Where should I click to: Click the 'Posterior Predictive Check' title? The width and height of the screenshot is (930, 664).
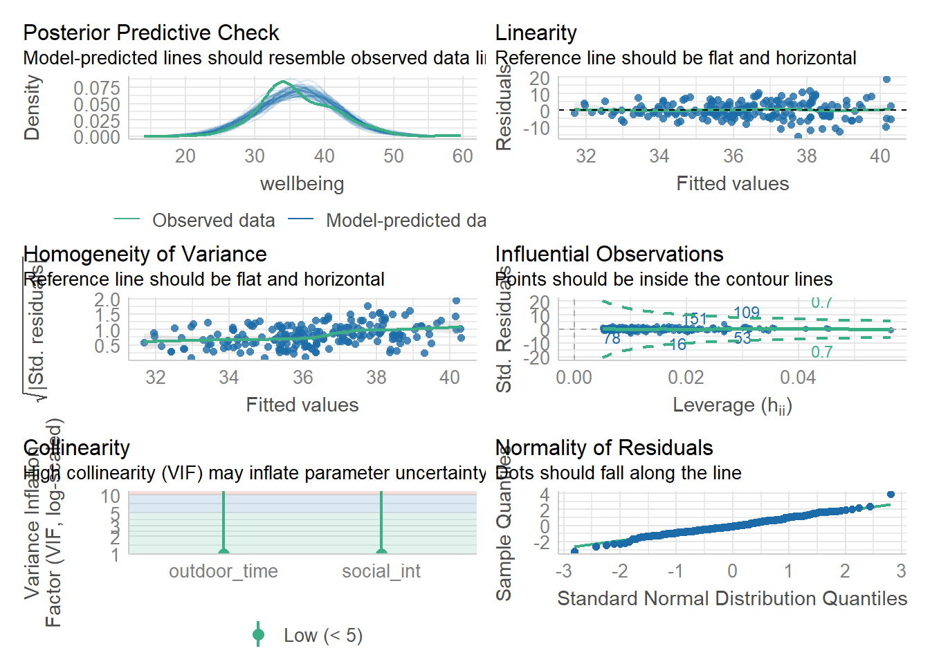click(x=151, y=33)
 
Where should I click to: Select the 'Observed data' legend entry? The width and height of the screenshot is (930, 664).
click(x=213, y=221)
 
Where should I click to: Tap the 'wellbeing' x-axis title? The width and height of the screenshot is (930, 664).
click(x=302, y=184)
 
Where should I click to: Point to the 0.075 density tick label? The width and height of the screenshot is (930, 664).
click(x=97, y=88)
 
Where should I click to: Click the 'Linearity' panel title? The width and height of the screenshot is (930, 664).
click(x=536, y=33)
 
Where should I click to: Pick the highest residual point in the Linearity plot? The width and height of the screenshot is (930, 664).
click(x=886, y=79)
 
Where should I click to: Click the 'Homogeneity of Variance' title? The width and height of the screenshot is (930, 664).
click(x=145, y=254)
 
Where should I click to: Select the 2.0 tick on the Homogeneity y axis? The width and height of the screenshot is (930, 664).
click(x=107, y=299)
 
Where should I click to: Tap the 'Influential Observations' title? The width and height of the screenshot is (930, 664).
click(x=609, y=254)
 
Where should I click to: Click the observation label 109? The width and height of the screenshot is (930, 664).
click(x=746, y=313)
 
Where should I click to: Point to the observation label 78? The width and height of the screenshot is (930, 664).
click(x=612, y=338)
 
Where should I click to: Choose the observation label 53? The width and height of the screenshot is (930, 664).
click(x=742, y=338)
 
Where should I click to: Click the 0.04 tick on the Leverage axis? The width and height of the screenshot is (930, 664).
click(x=798, y=378)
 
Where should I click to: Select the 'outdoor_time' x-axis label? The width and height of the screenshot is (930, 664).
click(x=223, y=571)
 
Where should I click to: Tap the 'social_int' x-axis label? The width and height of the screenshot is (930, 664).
click(x=381, y=571)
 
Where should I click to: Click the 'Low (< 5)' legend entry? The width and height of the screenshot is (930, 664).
click(x=322, y=636)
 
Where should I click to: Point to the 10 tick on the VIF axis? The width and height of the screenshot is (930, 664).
click(x=111, y=496)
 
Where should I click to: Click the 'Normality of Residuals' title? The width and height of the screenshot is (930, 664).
click(x=603, y=448)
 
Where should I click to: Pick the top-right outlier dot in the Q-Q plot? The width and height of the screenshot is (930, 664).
click(x=891, y=495)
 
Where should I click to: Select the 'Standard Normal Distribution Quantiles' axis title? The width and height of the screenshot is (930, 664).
click(x=732, y=599)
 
